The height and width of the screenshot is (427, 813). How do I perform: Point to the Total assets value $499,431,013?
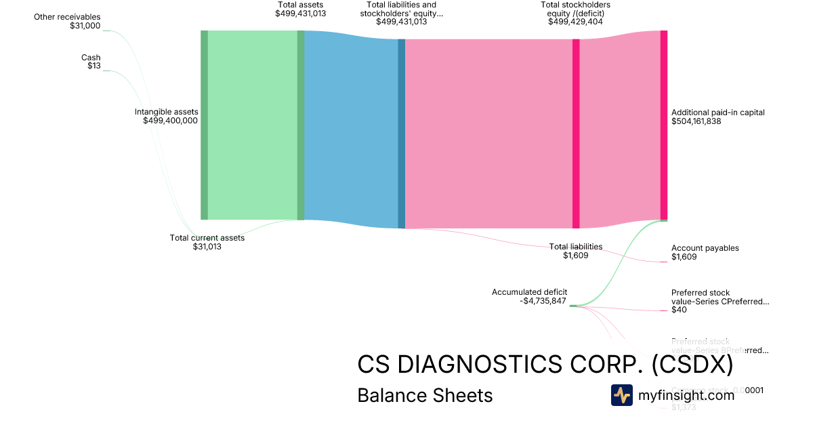coord(300,13)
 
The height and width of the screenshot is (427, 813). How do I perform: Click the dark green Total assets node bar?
coord(301,125)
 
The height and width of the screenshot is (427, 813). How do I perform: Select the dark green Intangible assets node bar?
coord(204,125)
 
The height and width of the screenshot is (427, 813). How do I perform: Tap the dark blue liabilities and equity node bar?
coord(401,134)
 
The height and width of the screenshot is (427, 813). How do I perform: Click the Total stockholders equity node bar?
coord(576,134)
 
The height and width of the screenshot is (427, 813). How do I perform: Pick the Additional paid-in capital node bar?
coord(664,125)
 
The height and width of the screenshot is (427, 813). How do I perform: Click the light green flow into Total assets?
coord(252,125)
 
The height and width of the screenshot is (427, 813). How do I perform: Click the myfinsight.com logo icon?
coord(621,395)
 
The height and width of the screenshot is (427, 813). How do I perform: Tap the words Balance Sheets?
coord(425,395)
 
